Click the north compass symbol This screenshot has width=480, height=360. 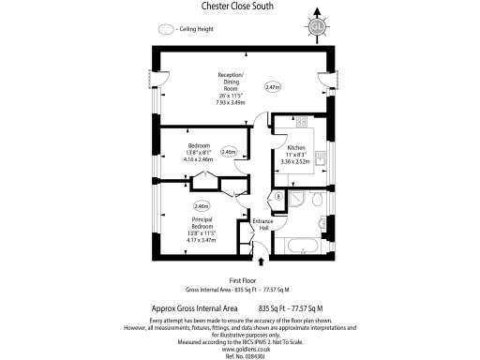point(318,25)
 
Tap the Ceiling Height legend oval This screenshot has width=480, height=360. point(166,29)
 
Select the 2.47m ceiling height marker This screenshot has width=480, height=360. point(273,87)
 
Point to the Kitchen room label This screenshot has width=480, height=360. point(297,147)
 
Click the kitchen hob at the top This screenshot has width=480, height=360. point(303,123)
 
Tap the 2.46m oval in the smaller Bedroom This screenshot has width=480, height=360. point(229,152)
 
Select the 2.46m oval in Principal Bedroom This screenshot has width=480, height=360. point(202,205)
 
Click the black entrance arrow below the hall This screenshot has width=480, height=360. point(262,262)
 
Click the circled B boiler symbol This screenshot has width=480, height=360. point(277,196)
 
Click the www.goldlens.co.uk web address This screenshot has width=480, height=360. point(240,348)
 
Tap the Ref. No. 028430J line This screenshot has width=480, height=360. point(240,355)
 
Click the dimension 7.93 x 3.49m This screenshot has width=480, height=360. point(232,102)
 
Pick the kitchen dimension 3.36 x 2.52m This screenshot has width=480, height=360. point(297,161)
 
